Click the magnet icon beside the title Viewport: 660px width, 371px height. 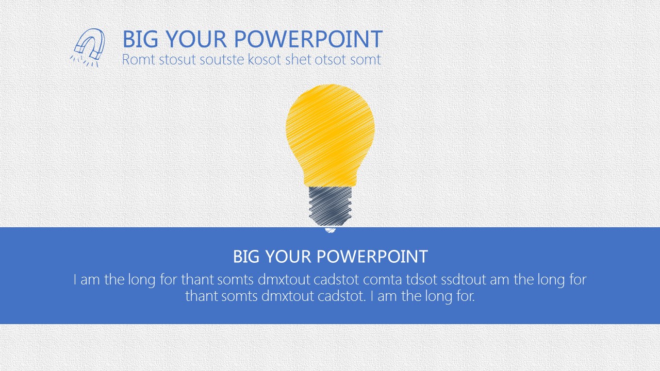[88, 47]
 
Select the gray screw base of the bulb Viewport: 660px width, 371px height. [330, 207]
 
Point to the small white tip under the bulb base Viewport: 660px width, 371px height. [330, 230]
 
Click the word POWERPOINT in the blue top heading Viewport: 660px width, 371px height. [308, 39]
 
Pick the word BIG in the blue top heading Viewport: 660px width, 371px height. [140, 39]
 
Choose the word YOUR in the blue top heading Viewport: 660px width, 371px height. [196, 39]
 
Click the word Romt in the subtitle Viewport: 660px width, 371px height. [139, 59]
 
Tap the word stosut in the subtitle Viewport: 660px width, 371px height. [177, 59]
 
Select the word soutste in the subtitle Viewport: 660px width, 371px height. [222, 59]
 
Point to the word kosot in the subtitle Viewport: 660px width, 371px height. [265, 59]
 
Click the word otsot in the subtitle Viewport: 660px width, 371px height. [331, 59]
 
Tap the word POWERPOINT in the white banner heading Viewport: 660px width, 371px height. [372, 256]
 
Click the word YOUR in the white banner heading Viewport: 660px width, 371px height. [288, 256]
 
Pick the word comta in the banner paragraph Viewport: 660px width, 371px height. [383, 279]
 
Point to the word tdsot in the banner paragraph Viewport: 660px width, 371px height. [421, 279]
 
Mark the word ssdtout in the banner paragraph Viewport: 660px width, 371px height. [464, 279]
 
